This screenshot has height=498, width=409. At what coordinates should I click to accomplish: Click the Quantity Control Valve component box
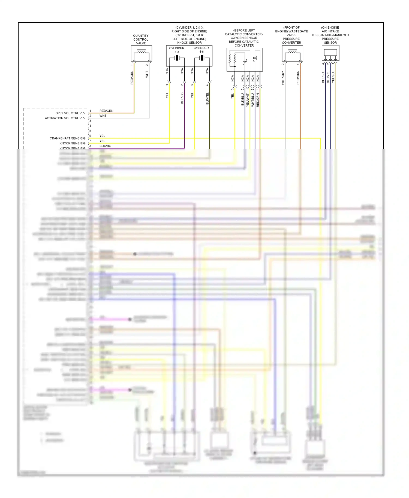pos(141,53)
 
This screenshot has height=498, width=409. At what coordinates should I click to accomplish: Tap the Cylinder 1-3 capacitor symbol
pos(177,58)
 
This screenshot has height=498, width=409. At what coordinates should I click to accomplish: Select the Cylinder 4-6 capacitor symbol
pos(202,58)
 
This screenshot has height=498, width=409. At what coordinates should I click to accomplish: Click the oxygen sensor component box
pos(245,60)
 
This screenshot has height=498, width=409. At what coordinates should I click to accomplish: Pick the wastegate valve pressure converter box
pos(292,53)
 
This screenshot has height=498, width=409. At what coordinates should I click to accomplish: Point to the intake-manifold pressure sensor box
pos(330,53)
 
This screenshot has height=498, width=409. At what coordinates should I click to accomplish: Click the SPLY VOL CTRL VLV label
pos(70,113)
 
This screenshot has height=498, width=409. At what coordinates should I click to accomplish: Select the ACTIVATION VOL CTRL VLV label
pos(65,118)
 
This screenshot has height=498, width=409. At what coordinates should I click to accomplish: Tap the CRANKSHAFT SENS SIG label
pos(67,138)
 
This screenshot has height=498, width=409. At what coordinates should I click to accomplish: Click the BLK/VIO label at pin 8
pos(105,146)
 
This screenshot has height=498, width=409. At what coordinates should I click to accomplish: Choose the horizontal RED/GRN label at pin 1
pos(106,111)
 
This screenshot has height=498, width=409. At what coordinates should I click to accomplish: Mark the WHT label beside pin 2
pos(103,116)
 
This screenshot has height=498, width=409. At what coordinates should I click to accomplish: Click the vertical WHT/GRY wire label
pos(283,78)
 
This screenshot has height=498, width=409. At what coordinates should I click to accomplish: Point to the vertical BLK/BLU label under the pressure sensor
pos(323,77)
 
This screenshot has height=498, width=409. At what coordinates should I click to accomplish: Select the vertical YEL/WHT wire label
pos(248,100)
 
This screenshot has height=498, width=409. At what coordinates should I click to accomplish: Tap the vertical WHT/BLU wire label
pos(253,100)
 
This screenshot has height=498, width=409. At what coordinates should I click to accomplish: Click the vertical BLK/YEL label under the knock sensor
pos(207,99)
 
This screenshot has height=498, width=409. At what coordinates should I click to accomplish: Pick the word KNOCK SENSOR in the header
pos(190,43)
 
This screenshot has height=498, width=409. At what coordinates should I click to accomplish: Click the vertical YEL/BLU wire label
pos(333,77)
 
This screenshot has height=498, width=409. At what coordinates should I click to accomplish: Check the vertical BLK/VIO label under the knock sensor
pos(182,98)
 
